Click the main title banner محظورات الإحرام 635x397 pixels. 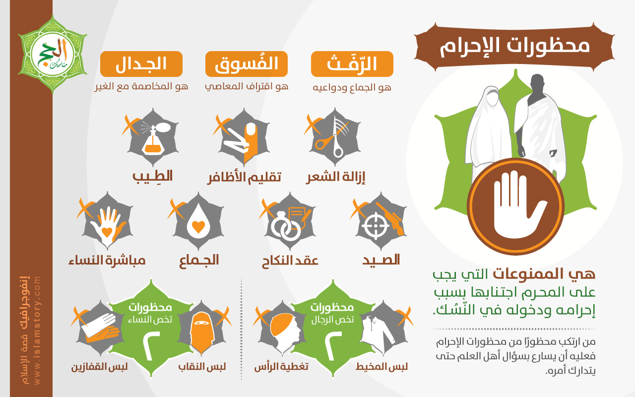[x=514, y=47]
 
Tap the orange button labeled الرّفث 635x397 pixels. [x=352, y=64]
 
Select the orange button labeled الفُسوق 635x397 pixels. [x=247, y=64]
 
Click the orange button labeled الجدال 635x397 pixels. [x=141, y=64]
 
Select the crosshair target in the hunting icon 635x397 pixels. [x=376, y=226]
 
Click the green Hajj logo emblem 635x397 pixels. [x=53, y=54]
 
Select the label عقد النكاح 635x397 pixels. [x=290, y=261]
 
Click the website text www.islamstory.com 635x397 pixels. [x=37, y=331]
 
